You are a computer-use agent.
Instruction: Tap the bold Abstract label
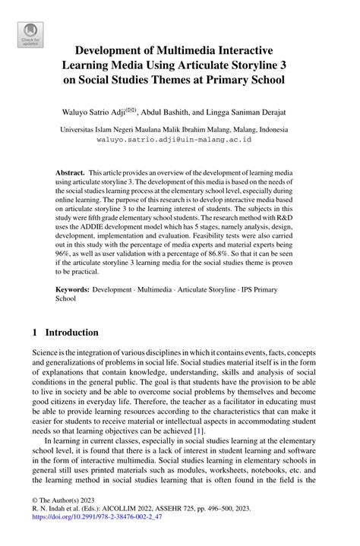tap(70, 174)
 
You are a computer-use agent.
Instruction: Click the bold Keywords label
tap(74, 290)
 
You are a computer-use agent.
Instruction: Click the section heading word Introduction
tap(72, 333)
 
